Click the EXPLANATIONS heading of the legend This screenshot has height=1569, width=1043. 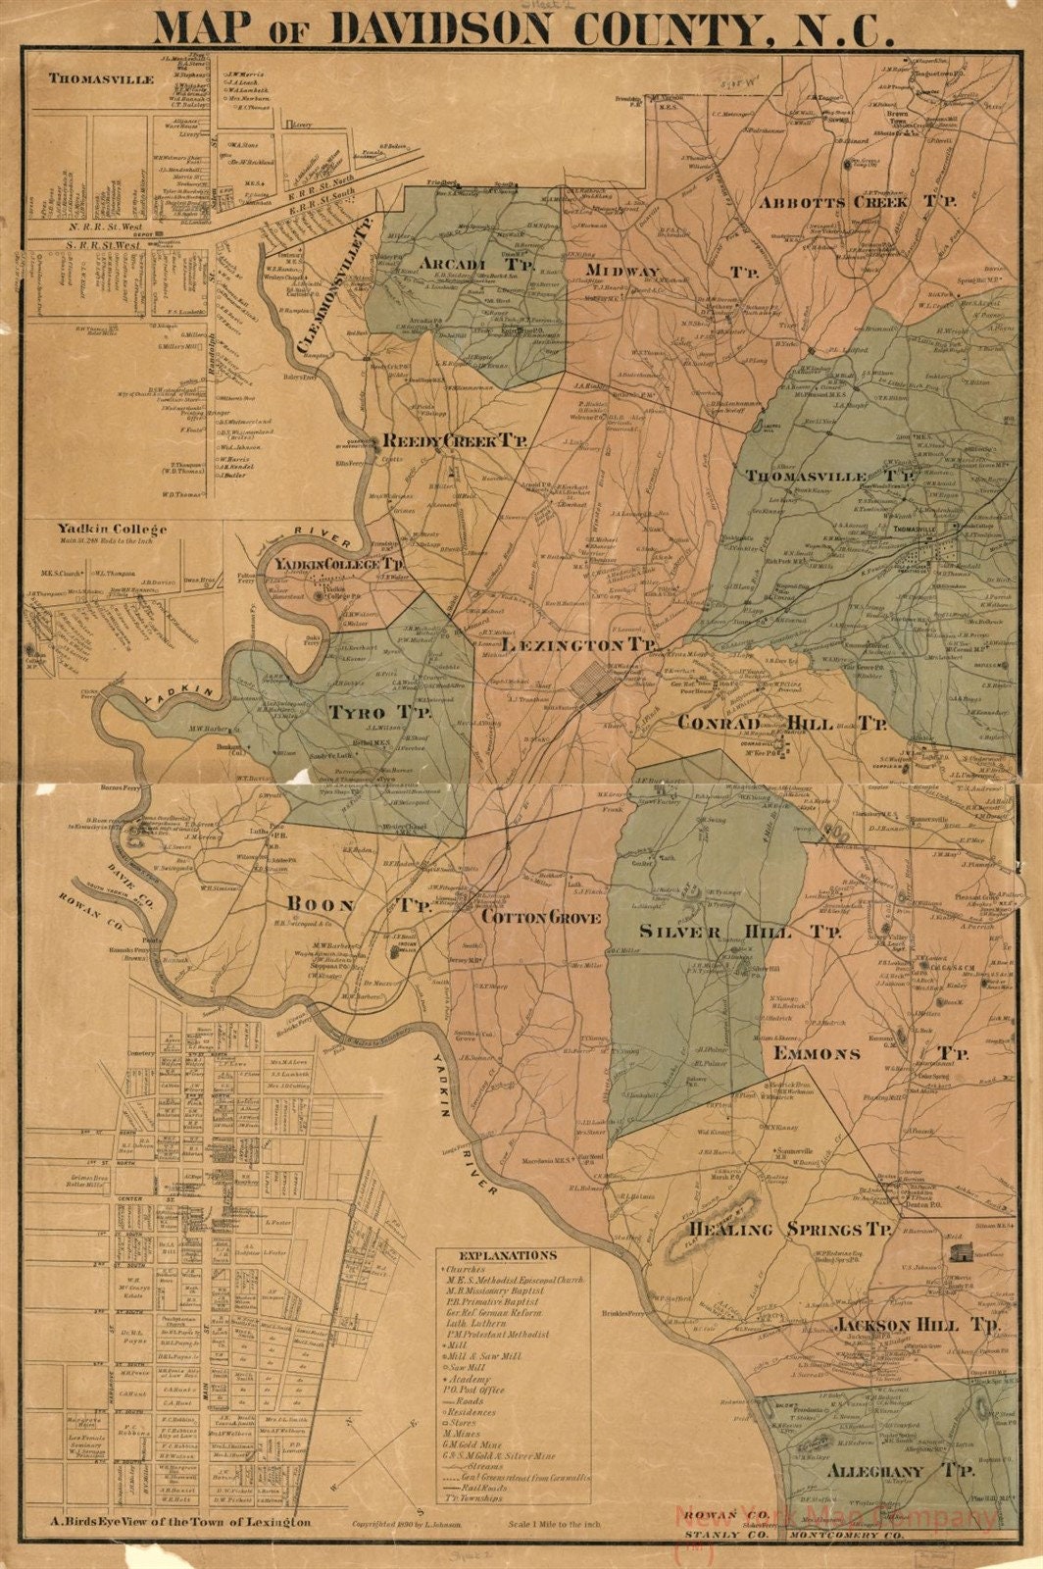(507, 1255)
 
